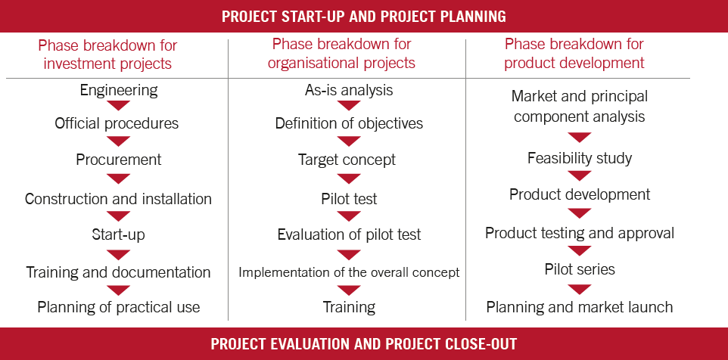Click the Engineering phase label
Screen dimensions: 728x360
tap(118, 90)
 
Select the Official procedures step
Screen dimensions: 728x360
tap(117, 123)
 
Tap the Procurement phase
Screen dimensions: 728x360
tap(118, 160)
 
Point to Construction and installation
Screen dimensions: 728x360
tap(118, 199)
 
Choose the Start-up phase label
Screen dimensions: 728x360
tap(118, 234)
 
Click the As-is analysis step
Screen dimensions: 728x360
tap(349, 90)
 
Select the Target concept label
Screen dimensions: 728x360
tap(347, 160)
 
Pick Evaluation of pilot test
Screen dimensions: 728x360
tap(349, 234)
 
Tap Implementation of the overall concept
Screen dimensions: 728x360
tap(349, 272)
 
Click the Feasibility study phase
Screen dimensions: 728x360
tap(580, 159)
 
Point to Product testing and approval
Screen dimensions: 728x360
tap(580, 233)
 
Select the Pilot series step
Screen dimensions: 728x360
tap(580, 269)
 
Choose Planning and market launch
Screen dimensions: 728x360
tap(580, 307)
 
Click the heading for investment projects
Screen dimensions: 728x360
tap(107, 54)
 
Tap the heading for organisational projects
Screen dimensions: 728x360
tap(342, 54)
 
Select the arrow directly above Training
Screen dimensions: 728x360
tap(349, 290)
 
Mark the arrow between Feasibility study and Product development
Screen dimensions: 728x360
tap(580, 175)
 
